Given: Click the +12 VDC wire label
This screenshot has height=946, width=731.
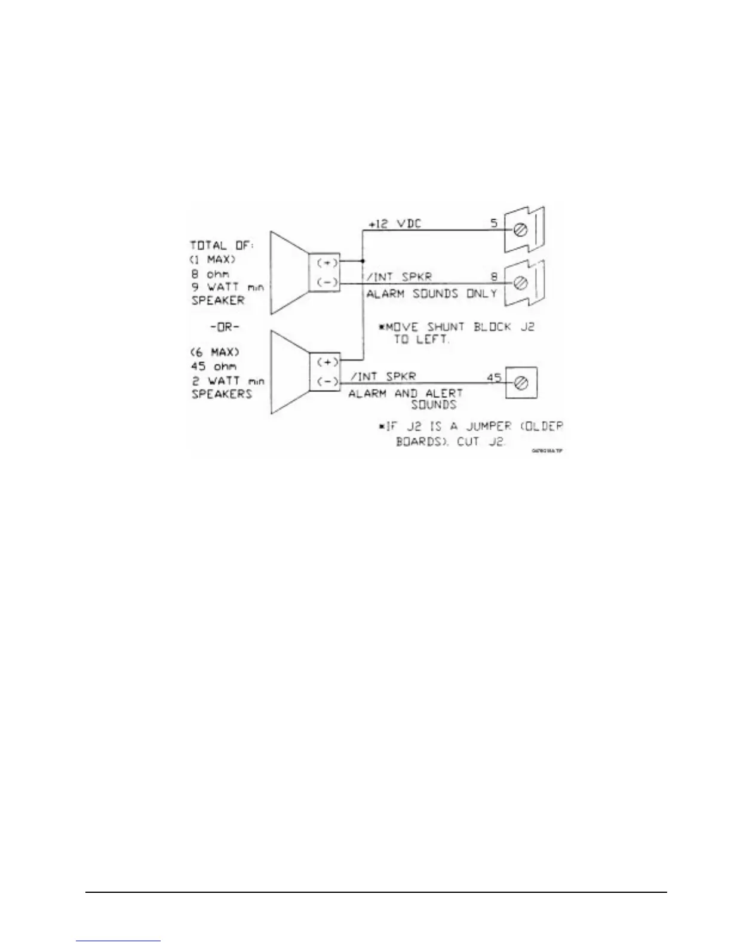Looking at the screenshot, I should click(x=395, y=224).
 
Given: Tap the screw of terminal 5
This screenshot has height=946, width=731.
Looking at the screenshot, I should click(x=520, y=231).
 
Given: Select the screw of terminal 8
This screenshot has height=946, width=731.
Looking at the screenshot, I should click(x=520, y=282).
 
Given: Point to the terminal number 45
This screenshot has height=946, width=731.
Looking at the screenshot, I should click(x=493, y=377).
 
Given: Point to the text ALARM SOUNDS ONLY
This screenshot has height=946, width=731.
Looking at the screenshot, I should click(x=431, y=294).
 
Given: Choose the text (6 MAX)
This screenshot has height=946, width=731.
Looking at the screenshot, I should click(x=214, y=352).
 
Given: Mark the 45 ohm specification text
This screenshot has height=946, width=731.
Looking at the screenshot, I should click(x=213, y=366).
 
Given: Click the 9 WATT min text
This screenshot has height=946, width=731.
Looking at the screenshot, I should click(x=227, y=287).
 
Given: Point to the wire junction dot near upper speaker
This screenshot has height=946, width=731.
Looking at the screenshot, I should click(x=363, y=262).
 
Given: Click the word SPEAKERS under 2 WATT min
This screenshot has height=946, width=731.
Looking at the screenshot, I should click(x=222, y=394).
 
